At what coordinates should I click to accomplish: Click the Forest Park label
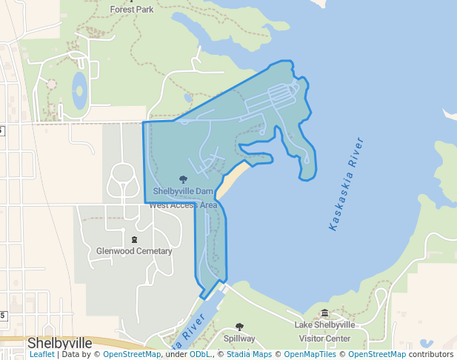tap(131, 10)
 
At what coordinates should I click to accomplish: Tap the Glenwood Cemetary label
tap(134, 251)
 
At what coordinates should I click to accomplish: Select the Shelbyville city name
tap(59, 343)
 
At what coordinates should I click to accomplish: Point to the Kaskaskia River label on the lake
tap(346, 184)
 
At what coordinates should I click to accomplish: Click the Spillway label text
tap(239, 339)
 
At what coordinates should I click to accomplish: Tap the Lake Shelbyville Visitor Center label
tap(324, 331)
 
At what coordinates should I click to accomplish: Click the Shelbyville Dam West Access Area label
tap(183, 197)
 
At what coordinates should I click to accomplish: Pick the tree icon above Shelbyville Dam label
tap(183, 179)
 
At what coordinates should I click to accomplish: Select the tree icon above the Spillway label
tap(239, 327)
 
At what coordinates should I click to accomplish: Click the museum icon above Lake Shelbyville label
tap(324, 313)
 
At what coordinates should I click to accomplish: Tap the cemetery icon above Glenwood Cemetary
tap(134, 239)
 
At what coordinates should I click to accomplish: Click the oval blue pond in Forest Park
tap(79, 90)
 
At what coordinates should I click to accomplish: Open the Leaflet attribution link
tap(42, 355)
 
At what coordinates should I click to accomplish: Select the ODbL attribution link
tap(200, 355)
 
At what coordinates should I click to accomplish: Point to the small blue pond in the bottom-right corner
tap(426, 344)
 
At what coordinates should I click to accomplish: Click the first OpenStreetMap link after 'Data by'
tap(132, 355)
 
